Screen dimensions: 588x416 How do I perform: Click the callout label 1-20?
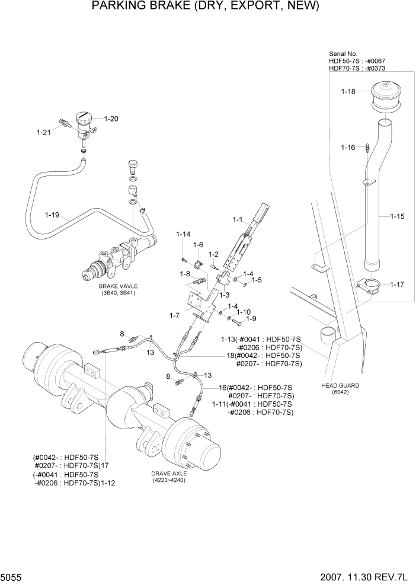click(111, 119)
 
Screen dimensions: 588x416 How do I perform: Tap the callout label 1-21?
click(43, 132)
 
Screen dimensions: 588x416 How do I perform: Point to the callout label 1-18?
click(348, 91)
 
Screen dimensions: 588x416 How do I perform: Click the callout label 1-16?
click(348, 147)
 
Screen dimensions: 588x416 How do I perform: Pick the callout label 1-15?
click(397, 216)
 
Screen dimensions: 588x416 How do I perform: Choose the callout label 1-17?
click(397, 285)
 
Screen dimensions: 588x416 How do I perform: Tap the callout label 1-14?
click(183, 235)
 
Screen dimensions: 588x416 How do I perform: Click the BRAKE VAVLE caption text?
click(118, 286)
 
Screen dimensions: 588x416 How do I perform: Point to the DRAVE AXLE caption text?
click(169, 474)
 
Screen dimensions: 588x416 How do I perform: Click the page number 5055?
click(12, 577)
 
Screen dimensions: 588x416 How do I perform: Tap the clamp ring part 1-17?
click(370, 287)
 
